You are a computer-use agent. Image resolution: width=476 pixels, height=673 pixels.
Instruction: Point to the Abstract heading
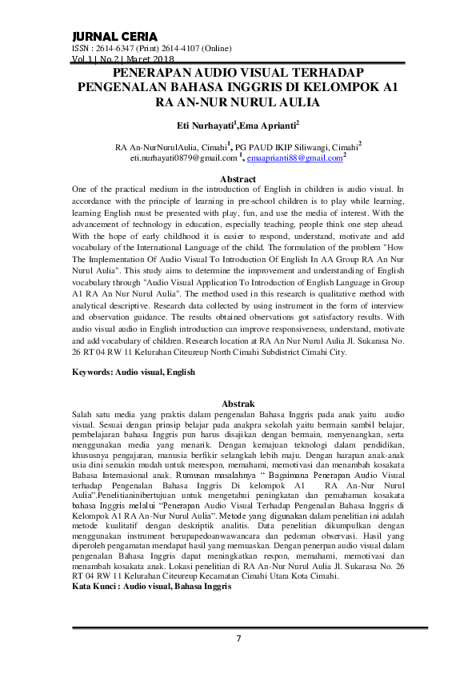(x=238, y=179)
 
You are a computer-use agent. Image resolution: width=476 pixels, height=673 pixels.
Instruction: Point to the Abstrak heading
(x=238, y=404)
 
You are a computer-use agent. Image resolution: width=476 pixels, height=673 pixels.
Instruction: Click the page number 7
(x=238, y=638)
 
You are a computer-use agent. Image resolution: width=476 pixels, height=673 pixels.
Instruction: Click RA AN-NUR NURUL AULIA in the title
(x=238, y=102)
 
